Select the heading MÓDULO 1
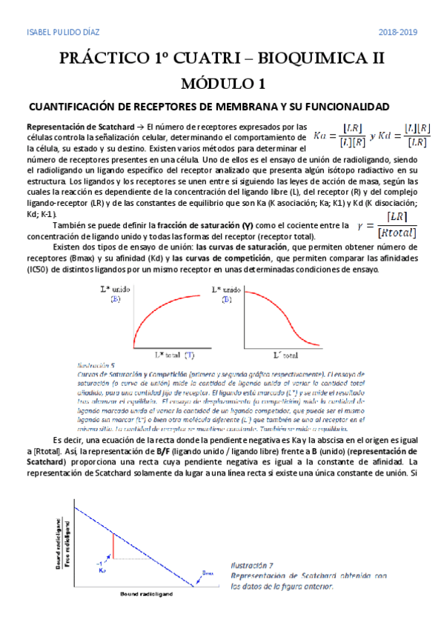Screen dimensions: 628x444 (x=222, y=84)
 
